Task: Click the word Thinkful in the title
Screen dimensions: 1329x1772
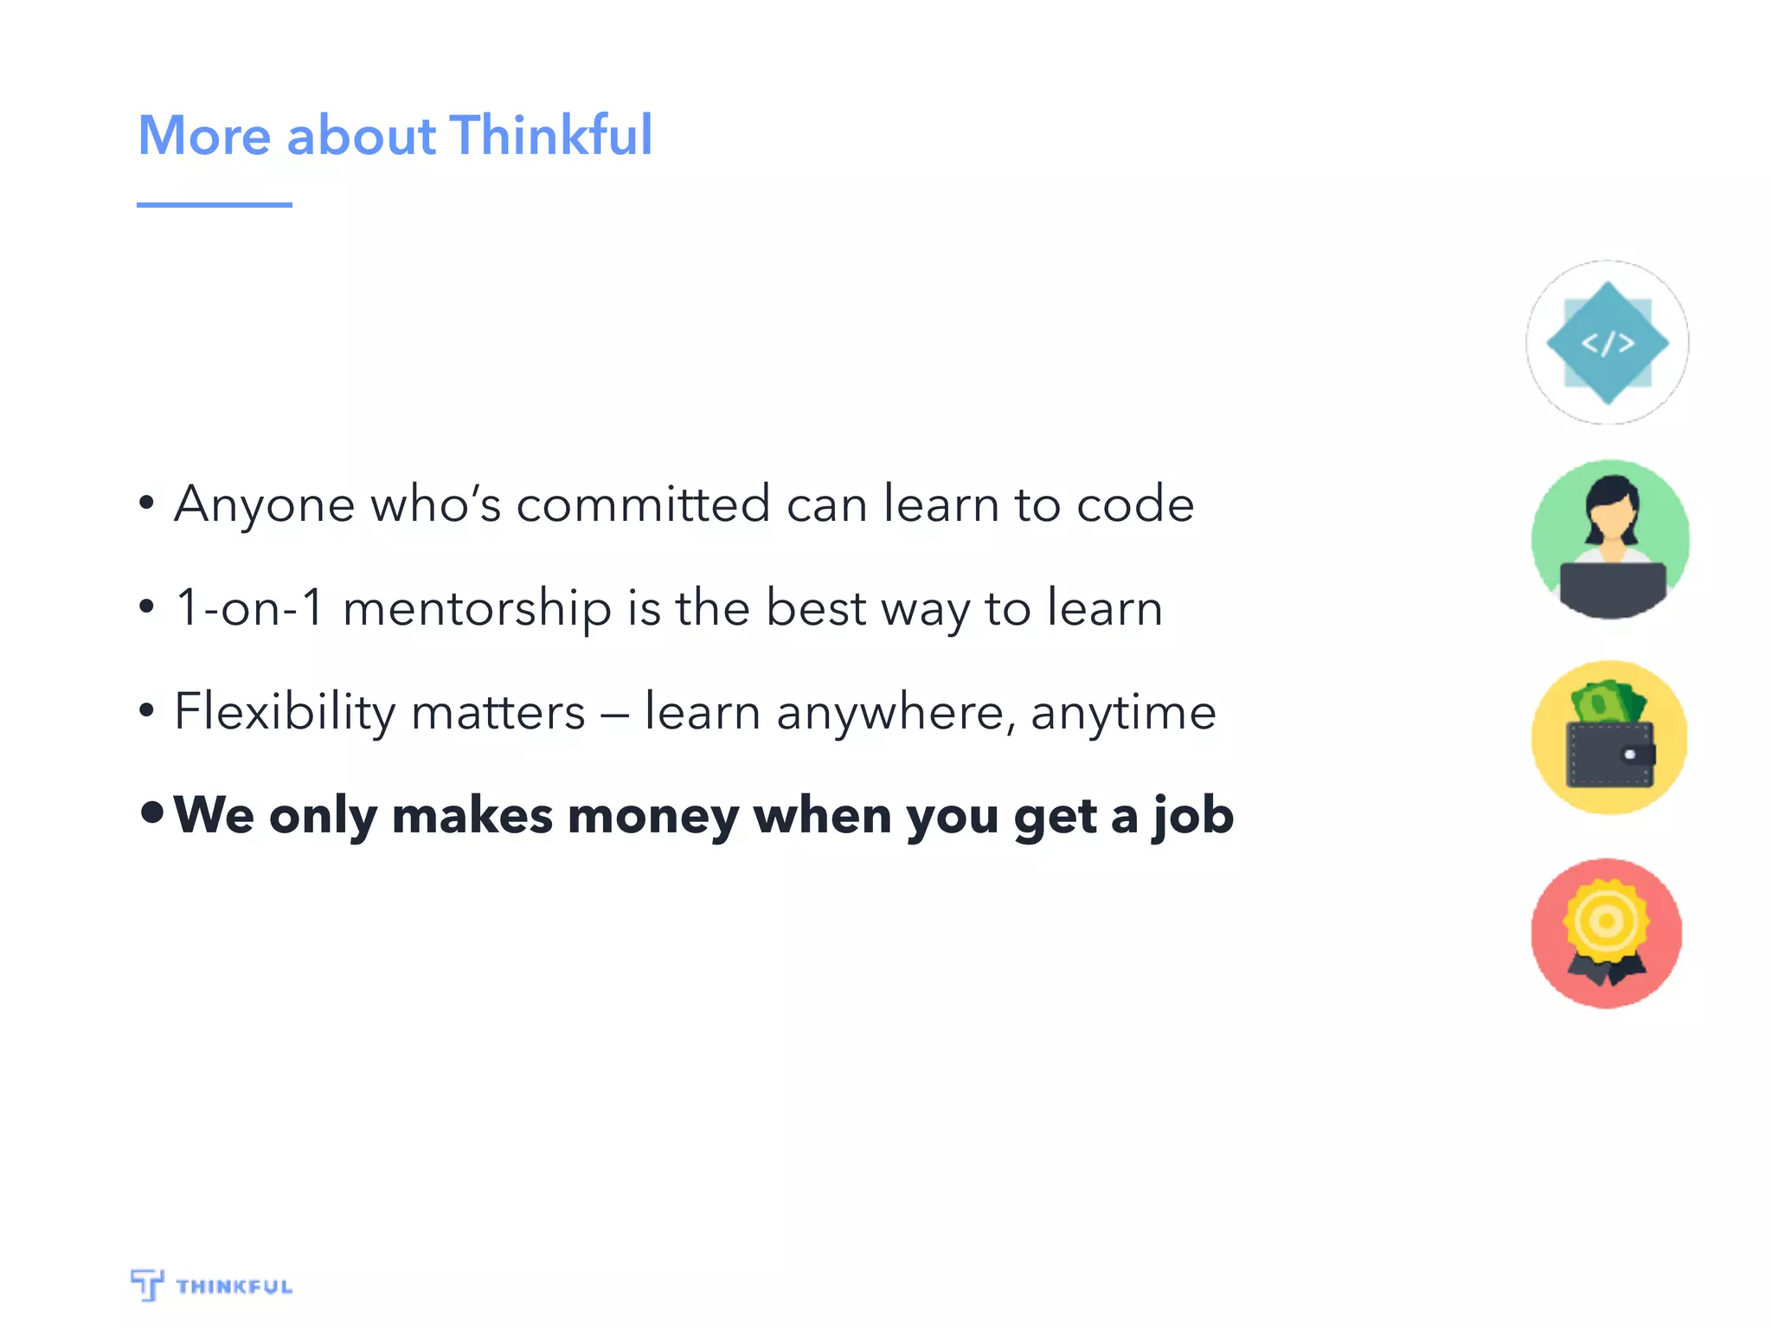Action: [551, 136]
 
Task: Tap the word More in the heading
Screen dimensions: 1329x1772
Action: [205, 136]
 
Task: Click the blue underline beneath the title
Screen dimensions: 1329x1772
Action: [214, 205]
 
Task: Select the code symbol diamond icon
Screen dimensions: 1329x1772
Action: [1607, 343]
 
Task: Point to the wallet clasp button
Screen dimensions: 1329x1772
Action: [1631, 754]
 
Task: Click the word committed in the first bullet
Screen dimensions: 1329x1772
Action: [643, 504]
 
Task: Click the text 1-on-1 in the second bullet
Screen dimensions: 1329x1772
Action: [249, 607]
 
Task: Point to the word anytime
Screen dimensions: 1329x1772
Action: [1123, 713]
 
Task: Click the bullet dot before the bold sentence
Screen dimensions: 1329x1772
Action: [152, 812]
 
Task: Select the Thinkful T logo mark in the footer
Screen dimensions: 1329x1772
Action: [147, 1284]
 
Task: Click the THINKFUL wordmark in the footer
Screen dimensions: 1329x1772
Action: [234, 1287]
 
